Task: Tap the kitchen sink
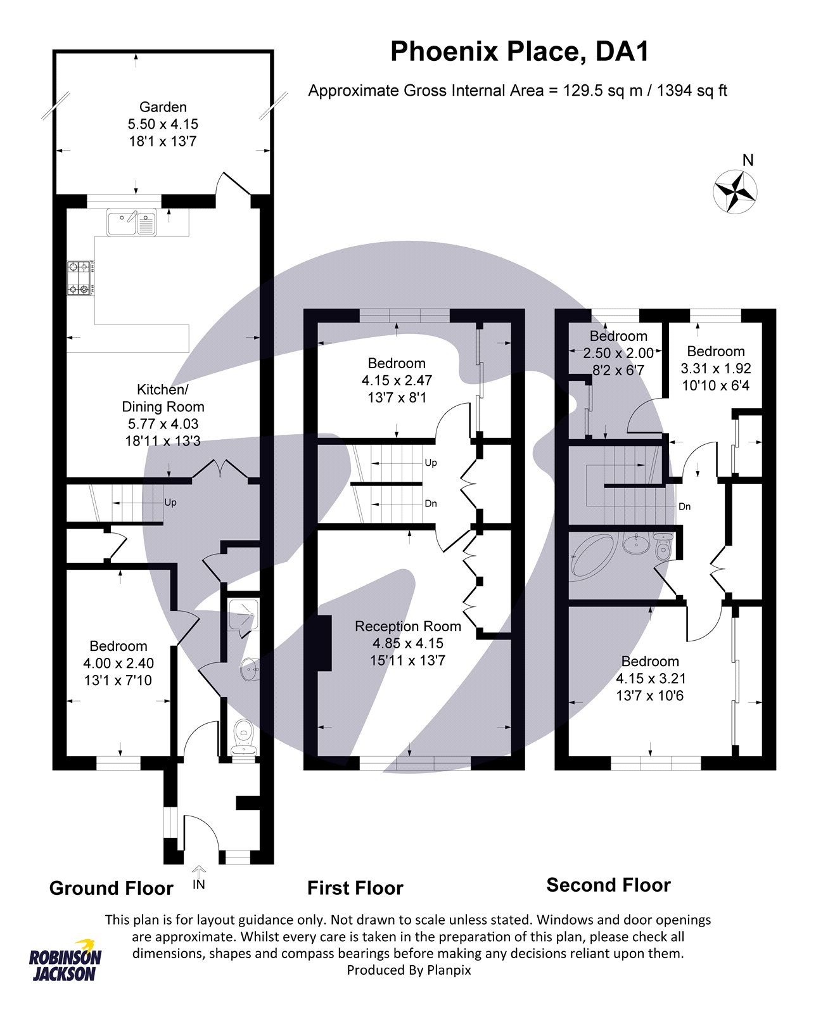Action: point(131,222)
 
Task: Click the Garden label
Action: point(163,107)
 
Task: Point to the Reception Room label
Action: point(408,626)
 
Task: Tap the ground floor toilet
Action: point(244,740)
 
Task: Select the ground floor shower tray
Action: point(243,615)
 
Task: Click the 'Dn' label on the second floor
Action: point(685,506)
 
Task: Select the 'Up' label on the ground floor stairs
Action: point(170,503)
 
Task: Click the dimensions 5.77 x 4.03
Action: point(163,423)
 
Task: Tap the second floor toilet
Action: point(663,547)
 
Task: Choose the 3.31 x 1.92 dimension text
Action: point(716,368)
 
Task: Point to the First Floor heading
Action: point(355,888)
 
